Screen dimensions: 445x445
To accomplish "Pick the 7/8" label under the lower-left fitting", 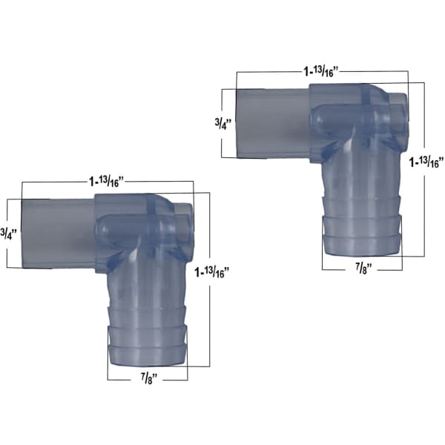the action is point(149,378).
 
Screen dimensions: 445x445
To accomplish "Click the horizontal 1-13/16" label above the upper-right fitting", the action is point(321,71).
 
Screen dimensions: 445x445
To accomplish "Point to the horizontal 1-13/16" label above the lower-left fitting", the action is point(107,182).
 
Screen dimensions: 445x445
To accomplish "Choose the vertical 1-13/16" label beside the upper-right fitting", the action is point(426,162).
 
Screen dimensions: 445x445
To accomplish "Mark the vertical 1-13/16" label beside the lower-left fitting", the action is point(211,272).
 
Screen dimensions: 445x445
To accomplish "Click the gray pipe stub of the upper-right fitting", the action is point(273,124).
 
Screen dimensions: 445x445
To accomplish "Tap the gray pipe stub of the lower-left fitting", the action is point(59,234).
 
